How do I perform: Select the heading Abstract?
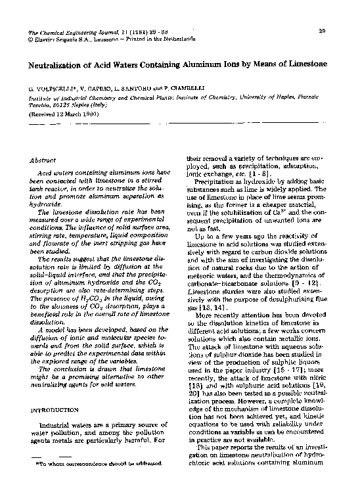43,160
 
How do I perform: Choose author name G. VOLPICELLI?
52,87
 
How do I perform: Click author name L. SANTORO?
131,87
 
